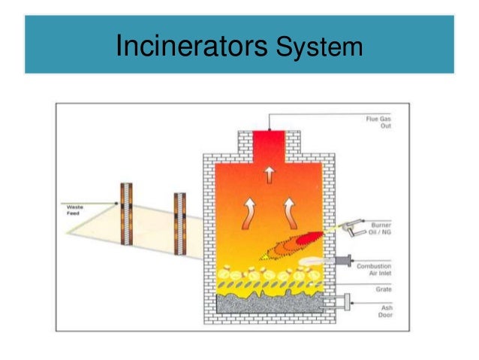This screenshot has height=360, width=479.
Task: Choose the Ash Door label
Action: [384, 309]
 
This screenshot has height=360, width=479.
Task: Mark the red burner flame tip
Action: [306, 240]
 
